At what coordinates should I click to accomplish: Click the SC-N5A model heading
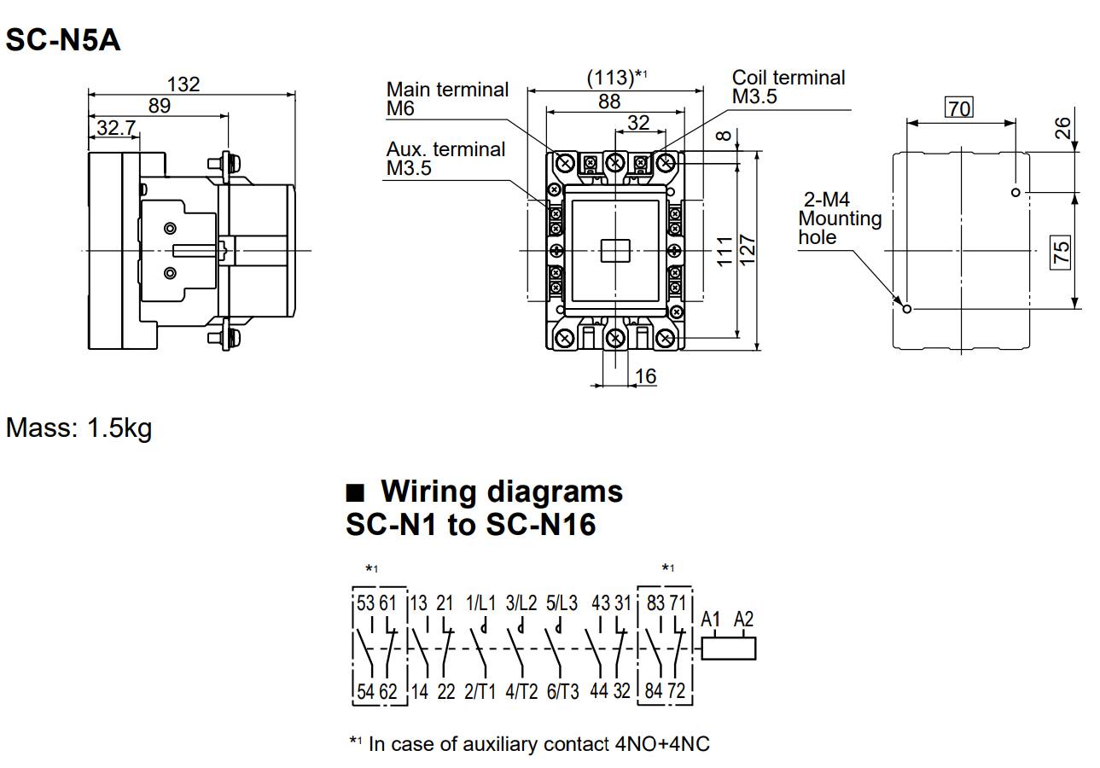[x=62, y=40]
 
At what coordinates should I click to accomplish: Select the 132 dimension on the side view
[x=183, y=84]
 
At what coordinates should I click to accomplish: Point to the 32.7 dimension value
[x=117, y=128]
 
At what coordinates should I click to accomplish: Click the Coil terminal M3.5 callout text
[x=788, y=87]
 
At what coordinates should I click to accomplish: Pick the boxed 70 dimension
[x=959, y=108]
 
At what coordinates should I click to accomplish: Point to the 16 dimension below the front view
[x=646, y=376]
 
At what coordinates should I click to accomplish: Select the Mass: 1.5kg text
[x=79, y=428]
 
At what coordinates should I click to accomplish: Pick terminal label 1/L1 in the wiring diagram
[x=480, y=603]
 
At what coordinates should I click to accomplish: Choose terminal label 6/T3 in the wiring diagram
[x=562, y=691]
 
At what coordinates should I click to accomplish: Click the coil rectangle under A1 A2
[x=728, y=649]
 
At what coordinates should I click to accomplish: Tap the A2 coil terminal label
[x=743, y=620]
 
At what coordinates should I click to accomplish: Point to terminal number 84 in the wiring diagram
[x=654, y=690]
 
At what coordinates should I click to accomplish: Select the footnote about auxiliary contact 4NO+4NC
[x=529, y=744]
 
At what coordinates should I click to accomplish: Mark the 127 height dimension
[x=748, y=250]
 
